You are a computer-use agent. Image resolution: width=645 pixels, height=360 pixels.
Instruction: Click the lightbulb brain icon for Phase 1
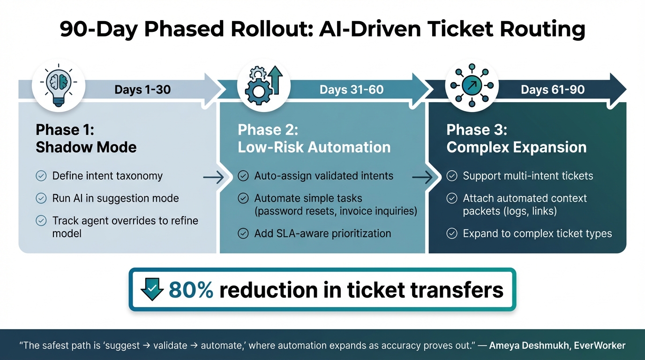59,86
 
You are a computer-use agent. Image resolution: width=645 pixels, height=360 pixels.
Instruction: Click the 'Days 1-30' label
142,90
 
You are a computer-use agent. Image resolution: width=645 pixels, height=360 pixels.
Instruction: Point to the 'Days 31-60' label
351,90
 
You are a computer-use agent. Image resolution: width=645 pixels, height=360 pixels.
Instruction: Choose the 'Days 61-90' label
553,90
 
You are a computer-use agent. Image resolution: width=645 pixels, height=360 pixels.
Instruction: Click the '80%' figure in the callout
191,290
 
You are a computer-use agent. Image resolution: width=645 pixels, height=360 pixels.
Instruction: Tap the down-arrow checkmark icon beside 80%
152,289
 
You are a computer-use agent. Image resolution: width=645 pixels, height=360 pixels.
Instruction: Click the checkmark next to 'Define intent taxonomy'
41,176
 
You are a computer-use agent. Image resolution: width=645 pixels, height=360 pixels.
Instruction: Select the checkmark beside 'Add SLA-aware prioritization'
243,233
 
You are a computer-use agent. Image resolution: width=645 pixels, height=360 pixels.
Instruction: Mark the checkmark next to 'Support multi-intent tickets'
452,176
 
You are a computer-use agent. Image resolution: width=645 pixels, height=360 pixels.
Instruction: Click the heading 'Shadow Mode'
86,147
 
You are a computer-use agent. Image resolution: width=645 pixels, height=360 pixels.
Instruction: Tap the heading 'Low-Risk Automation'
314,147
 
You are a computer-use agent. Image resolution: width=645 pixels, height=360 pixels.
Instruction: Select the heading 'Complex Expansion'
517,147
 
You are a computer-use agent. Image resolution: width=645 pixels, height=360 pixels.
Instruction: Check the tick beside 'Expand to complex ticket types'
452,233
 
